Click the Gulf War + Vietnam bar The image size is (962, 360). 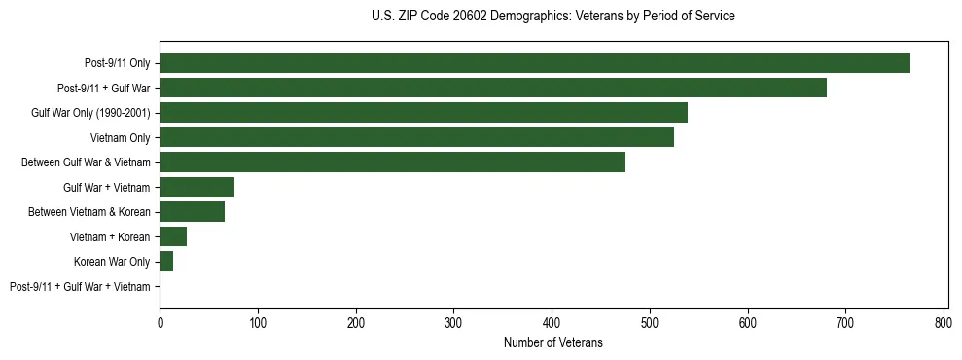pos(196,187)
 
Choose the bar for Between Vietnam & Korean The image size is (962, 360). pos(192,212)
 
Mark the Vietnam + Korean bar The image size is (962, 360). pos(173,236)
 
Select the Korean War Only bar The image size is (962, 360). pos(166,262)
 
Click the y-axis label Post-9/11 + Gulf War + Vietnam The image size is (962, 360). pos(80,287)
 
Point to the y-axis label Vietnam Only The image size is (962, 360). pos(121,137)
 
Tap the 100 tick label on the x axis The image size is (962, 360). pos(258,323)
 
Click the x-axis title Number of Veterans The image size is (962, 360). pos(552,342)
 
